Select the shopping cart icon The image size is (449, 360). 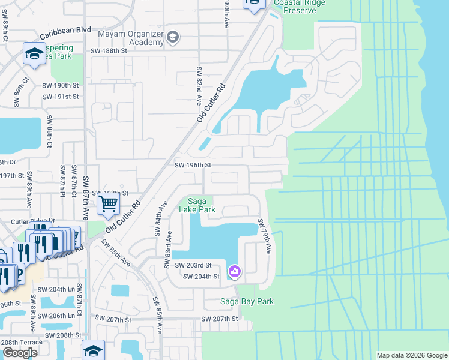pyautogui.click(x=108, y=204)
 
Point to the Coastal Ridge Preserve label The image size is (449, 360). pyautogui.click(x=283, y=5)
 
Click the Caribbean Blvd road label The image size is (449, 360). pyautogui.click(x=65, y=29)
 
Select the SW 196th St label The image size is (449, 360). pyautogui.click(x=194, y=165)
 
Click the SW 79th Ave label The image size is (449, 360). pyautogui.click(x=265, y=235)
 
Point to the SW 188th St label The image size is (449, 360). pyautogui.click(x=108, y=51)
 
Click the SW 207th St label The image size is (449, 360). pyautogui.click(x=220, y=319)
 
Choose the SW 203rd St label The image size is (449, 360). pyautogui.click(x=192, y=265)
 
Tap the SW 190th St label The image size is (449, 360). pyautogui.click(x=61, y=86)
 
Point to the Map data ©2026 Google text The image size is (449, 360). pyautogui.click(x=412, y=355)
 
